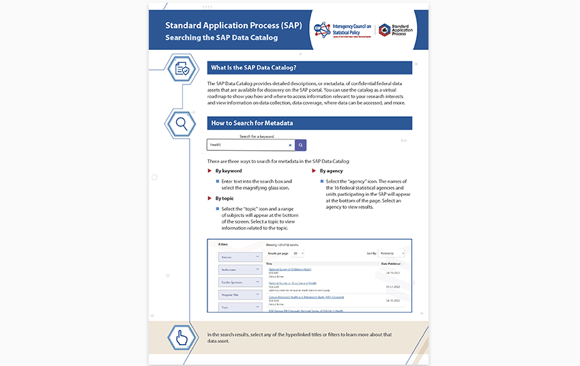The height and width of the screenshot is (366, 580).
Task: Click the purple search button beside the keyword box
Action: [x=300, y=145]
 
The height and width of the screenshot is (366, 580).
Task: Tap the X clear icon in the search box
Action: [x=290, y=145]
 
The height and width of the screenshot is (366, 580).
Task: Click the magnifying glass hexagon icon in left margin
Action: [x=182, y=124]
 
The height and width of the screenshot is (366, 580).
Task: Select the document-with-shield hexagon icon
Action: [x=182, y=68]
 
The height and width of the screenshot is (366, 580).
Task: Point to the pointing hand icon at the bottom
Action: [x=182, y=337]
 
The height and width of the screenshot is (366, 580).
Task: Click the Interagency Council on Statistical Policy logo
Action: [x=343, y=29]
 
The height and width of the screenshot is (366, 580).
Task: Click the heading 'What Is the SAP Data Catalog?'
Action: [x=253, y=68]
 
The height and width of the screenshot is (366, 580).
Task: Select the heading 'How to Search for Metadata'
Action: [x=252, y=124]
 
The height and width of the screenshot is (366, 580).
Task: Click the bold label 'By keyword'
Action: [x=228, y=171]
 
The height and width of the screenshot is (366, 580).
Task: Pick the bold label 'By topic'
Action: [x=224, y=199]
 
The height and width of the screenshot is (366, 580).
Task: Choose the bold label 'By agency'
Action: [x=331, y=171]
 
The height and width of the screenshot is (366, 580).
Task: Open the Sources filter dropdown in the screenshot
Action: [x=240, y=257]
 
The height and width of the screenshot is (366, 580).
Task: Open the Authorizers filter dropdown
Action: [x=240, y=270]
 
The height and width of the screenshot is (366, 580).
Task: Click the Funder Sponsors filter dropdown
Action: [x=240, y=282]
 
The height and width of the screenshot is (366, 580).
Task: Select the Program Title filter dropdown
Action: [x=240, y=294]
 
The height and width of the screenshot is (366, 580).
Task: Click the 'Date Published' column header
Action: [x=392, y=263]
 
